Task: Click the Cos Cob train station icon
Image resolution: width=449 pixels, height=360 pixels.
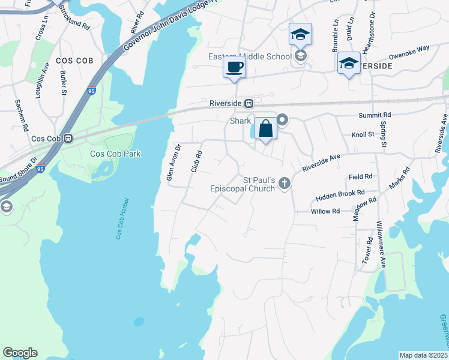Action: point(68,139)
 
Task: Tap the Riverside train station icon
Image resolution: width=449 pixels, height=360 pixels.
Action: point(247,103)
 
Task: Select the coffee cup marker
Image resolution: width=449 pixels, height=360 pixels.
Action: point(234,67)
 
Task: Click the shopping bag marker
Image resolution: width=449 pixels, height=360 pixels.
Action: point(265,128)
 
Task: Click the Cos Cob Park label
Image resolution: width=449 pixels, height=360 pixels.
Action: point(115,154)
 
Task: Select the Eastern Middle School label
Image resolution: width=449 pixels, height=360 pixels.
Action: point(249,57)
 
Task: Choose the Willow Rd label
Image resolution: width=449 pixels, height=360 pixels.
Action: point(325,211)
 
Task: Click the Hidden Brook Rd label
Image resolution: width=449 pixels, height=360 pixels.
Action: point(340,193)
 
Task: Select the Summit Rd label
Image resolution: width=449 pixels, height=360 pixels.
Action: point(375,115)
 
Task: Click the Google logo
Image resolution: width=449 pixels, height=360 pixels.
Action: point(20,353)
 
